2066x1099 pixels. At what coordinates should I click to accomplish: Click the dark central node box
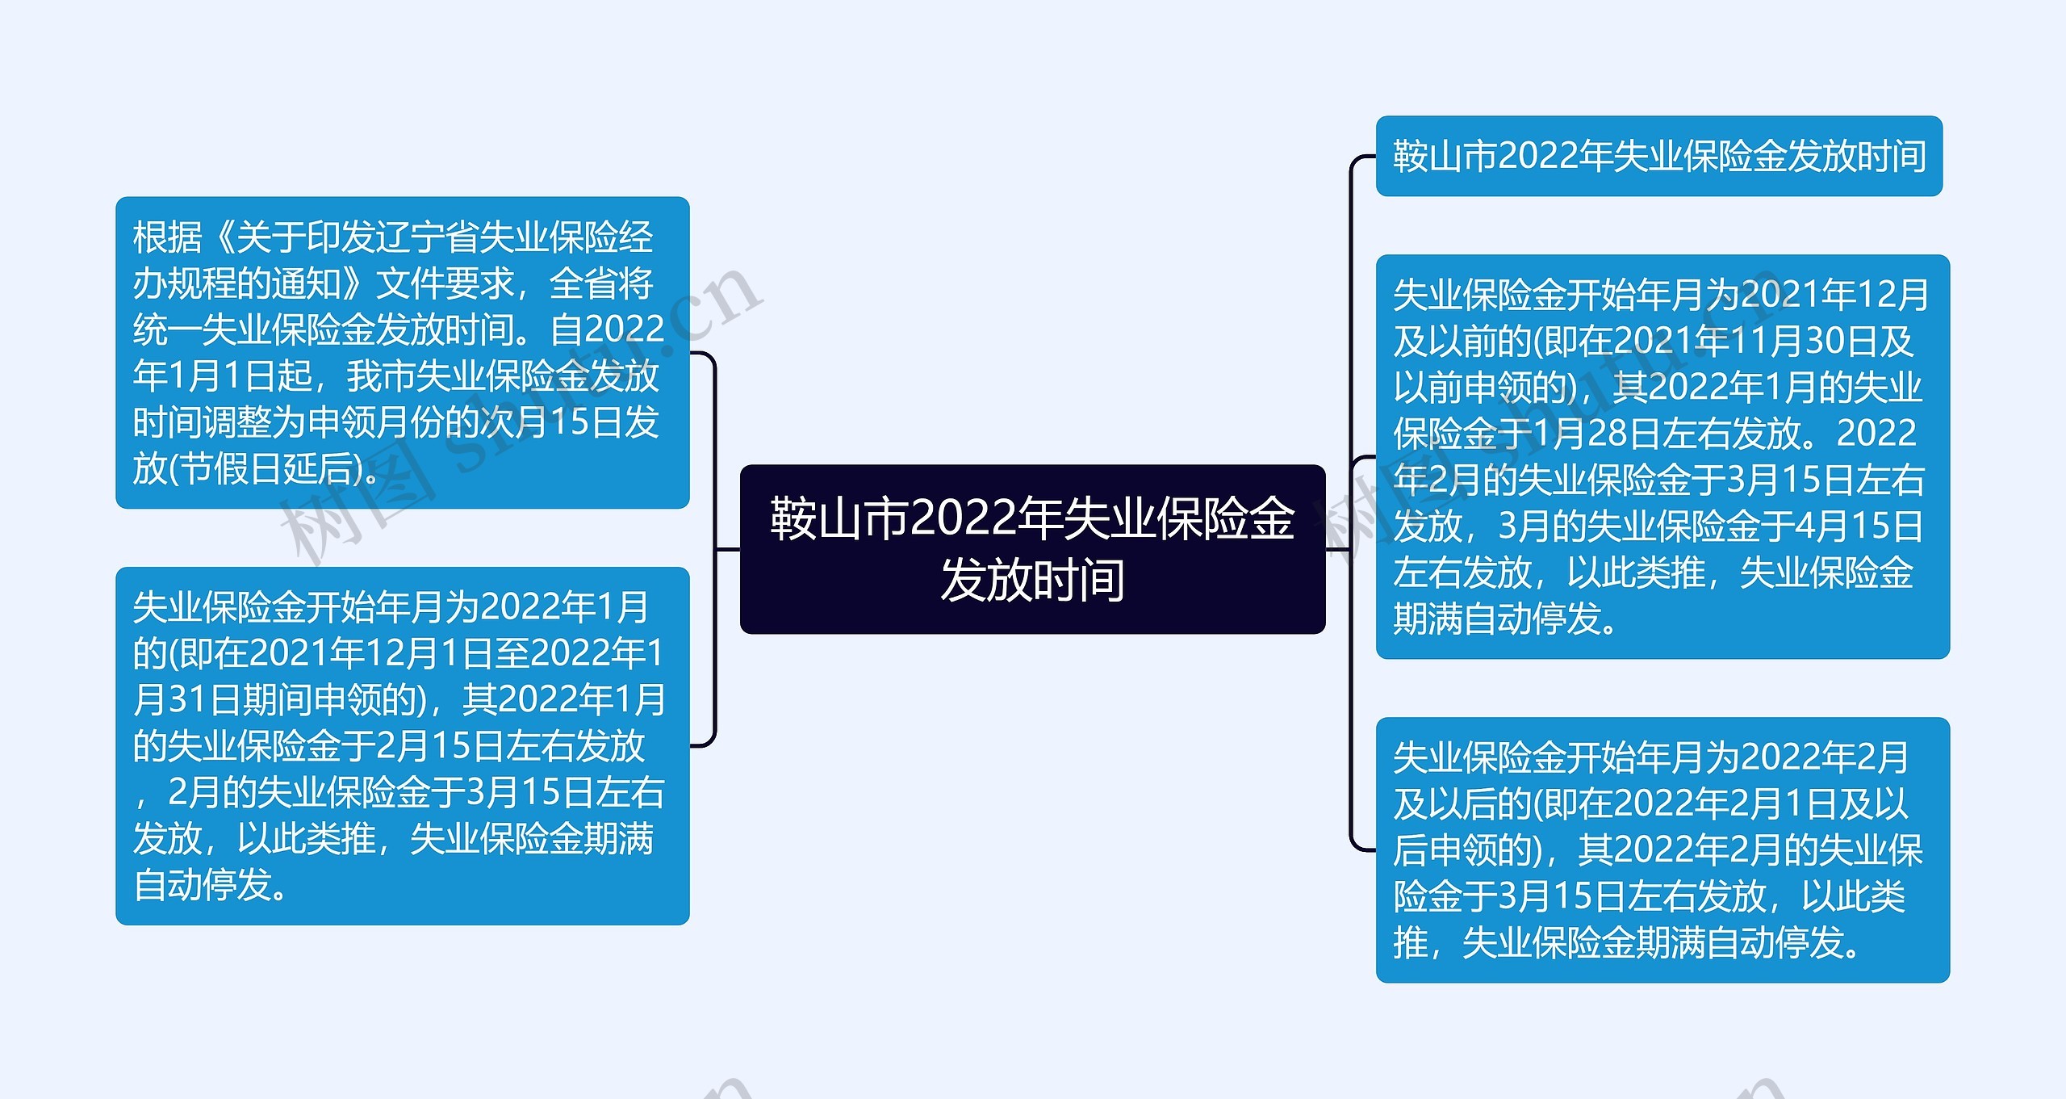click(1032, 549)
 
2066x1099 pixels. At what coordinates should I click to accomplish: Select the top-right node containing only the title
click(1658, 156)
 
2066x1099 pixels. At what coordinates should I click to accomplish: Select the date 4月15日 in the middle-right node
click(1859, 526)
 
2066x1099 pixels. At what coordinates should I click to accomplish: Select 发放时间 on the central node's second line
click(1032, 580)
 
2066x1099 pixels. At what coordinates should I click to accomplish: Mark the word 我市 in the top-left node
click(380, 376)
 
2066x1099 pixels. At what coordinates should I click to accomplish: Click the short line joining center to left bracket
click(728, 549)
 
